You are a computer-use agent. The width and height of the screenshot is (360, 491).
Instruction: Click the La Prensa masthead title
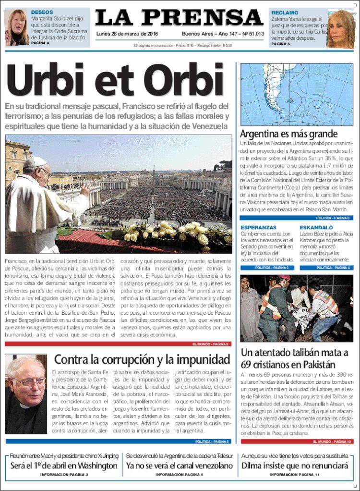[179, 18]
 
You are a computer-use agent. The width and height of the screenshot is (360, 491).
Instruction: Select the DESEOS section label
[42, 12]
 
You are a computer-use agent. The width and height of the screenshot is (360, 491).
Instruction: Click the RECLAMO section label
[285, 12]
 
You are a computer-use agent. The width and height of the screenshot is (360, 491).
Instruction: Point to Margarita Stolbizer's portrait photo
[16, 27]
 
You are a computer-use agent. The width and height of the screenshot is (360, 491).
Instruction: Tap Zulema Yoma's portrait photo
[340, 28]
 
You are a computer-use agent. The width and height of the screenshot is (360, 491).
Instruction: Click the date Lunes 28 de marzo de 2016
[127, 34]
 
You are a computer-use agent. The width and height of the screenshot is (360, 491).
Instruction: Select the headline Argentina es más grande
[288, 134]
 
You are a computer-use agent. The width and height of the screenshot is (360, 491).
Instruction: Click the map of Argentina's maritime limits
[297, 95]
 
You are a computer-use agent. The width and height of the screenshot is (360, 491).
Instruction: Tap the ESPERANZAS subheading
[258, 227]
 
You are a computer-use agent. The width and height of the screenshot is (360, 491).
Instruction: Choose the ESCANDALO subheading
[316, 227]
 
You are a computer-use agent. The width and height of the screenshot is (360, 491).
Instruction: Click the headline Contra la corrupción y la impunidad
[142, 359]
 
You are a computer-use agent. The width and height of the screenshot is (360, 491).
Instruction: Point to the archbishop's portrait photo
[26, 393]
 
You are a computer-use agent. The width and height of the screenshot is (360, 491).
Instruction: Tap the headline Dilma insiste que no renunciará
[294, 466]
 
